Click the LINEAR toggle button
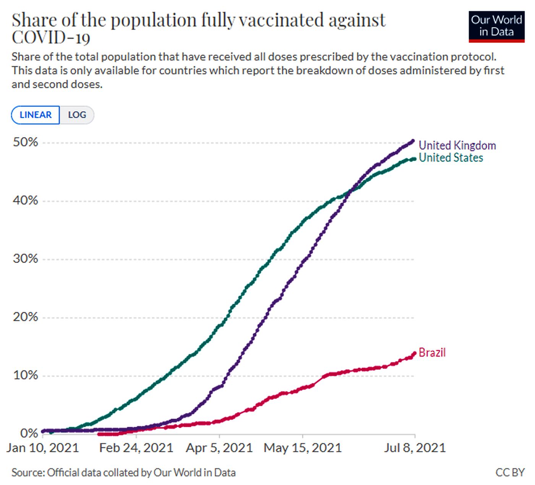coord(36,115)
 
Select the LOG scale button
coord(77,115)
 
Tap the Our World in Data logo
coord(496,26)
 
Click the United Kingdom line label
coord(457,146)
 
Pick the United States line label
coord(451,158)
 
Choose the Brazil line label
coord(432,352)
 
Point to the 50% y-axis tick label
coord(26,143)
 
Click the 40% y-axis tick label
coord(26,201)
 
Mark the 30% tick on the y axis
coord(26,259)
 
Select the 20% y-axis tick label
coord(26,317)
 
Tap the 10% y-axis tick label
coord(26,375)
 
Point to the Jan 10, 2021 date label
coord(42,448)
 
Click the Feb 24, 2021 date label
coord(136,448)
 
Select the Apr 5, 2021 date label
coord(219,448)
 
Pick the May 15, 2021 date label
coord(303,448)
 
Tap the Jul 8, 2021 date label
coord(415,448)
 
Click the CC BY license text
coord(510,473)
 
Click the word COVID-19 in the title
coord(51,37)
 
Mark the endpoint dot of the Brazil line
coord(414,353)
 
